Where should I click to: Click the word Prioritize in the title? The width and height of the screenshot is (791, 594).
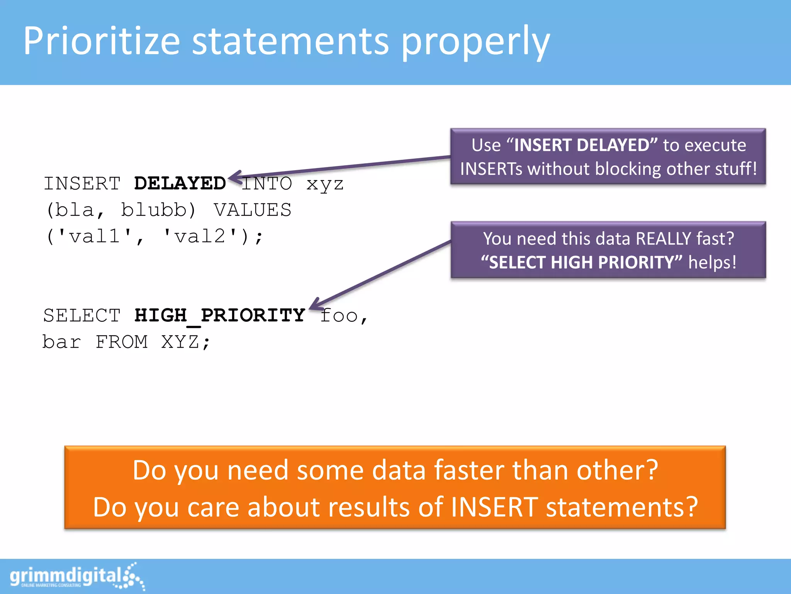[x=102, y=41]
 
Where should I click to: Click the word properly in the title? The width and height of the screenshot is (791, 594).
[x=475, y=43]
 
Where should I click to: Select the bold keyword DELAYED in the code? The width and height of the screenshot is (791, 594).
[x=180, y=183]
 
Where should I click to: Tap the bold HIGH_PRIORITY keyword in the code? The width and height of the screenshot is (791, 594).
[x=220, y=315]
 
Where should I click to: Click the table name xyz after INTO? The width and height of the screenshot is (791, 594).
[x=325, y=184]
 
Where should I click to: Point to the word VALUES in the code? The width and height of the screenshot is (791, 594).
[x=253, y=210]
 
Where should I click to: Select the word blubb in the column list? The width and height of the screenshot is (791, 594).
[x=154, y=210]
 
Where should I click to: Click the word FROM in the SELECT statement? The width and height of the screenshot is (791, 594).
[x=122, y=342]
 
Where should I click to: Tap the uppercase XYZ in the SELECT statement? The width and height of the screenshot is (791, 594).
[x=180, y=342]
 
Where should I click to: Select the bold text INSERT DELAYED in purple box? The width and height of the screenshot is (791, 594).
[x=581, y=145]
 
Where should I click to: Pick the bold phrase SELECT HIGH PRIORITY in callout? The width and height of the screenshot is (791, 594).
[x=581, y=263]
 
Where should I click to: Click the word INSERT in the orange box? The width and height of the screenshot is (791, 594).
[x=494, y=507]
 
